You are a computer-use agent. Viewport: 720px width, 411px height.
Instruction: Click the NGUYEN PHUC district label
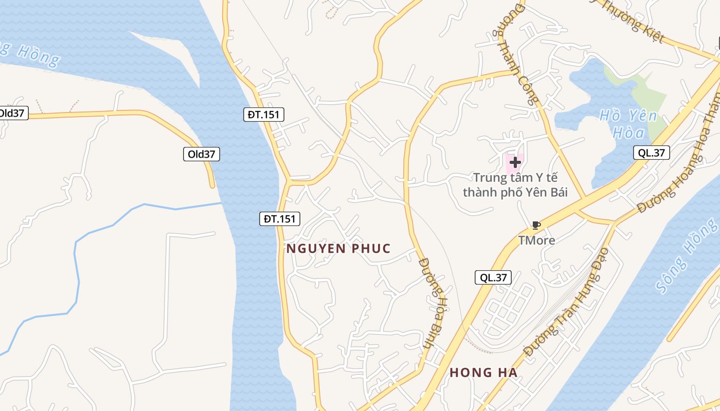coord(338,249)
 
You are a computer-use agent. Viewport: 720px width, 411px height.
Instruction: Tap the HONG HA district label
coord(483,372)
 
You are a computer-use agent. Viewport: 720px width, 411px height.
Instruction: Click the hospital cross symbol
coord(515,162)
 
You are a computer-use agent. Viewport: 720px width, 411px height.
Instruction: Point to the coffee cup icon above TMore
coord(536,225)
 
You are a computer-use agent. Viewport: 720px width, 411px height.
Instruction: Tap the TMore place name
coord(536,240)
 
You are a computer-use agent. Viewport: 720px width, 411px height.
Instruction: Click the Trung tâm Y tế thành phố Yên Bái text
coord(515,185)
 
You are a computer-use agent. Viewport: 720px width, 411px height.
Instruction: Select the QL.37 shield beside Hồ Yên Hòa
coord(651,153)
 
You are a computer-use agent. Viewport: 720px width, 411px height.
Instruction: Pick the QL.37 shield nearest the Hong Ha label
coord(493,278)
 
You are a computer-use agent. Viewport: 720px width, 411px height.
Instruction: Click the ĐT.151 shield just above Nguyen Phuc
coord(279,219)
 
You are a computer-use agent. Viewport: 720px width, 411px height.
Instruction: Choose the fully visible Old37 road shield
coord(202,154)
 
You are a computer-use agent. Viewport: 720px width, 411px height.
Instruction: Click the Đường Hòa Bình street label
coord(434,303)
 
